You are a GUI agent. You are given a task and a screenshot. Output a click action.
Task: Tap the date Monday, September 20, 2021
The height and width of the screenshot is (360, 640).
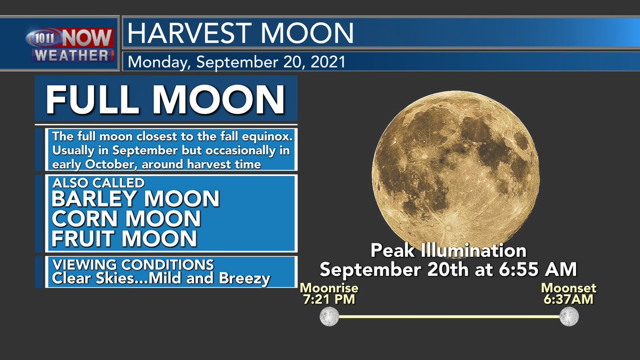coord(236,62)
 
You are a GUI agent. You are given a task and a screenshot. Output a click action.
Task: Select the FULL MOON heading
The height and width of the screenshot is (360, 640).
coord(165,99)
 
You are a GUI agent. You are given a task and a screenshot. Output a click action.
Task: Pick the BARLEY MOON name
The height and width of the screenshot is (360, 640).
coord(135,198)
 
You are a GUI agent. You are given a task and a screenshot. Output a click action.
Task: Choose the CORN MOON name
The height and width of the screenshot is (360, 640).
coord(126,218)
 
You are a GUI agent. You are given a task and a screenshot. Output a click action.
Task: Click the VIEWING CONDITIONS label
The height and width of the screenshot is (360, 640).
coord(133,265)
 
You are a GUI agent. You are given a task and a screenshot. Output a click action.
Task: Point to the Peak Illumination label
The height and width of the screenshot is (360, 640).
coord(448,251)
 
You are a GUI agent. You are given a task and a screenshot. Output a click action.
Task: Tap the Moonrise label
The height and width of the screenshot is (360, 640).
coord(329,289)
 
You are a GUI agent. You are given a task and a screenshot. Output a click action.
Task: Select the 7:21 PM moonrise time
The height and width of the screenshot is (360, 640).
coord(329,300)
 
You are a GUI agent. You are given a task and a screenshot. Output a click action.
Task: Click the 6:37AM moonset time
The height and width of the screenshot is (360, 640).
coord(569,300)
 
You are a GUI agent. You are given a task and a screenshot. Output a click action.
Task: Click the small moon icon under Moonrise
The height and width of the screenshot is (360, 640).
coord(329,316)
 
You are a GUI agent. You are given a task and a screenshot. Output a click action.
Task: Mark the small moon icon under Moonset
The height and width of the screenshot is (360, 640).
coord(569,316)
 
